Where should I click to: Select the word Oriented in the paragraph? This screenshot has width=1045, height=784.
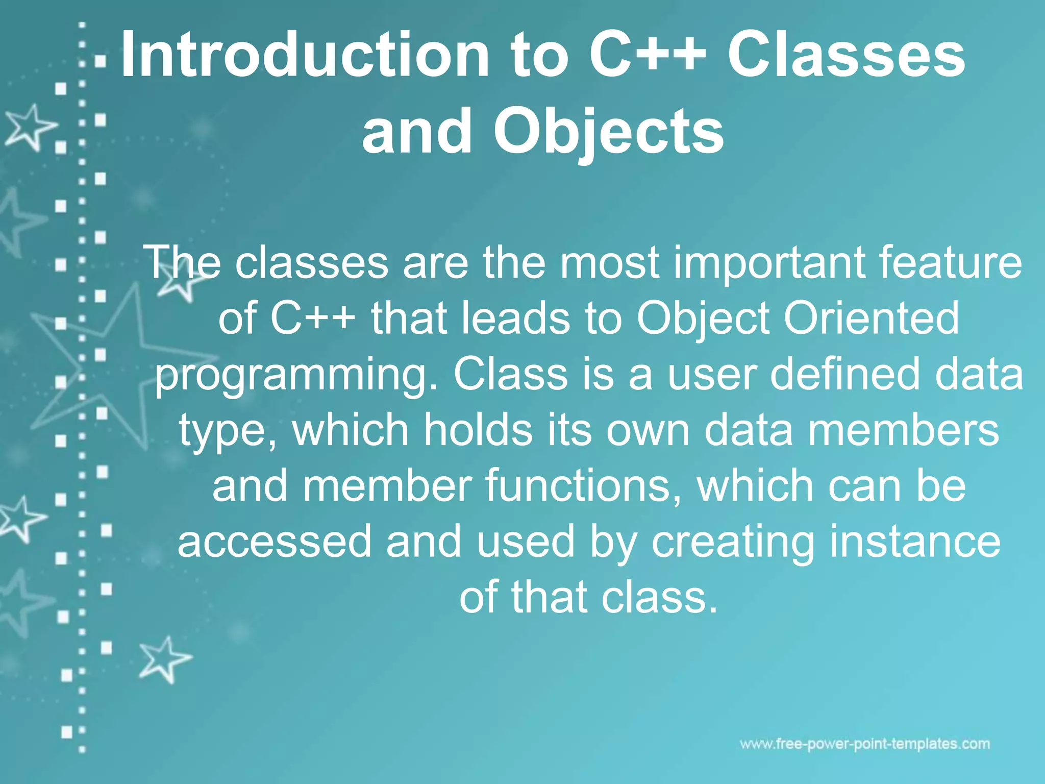[871, 317]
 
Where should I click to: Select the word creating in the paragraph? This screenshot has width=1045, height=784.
[733, 543]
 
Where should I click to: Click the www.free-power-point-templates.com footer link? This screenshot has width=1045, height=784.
[865, 744]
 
